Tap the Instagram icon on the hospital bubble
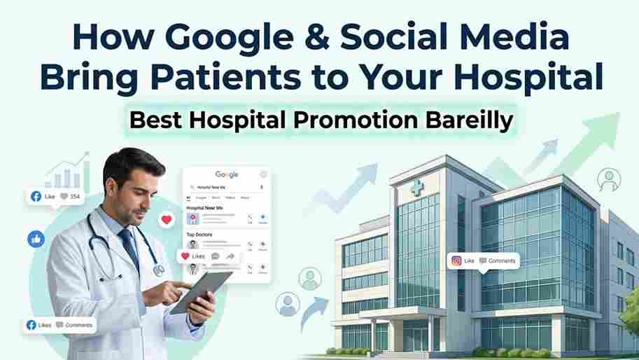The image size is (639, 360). pos(456,261)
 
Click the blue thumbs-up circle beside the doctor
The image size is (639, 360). pos(36,238)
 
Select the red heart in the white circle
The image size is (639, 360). pos(167,220)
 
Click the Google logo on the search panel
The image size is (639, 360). pos(227,174)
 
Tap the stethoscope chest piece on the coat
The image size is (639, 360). pos(159,269)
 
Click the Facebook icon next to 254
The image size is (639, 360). pos(36,197)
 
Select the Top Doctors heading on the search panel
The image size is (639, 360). pos(199,235)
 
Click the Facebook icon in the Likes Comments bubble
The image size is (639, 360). pos(31,325)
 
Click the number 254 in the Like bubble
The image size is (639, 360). pos(75,197)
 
